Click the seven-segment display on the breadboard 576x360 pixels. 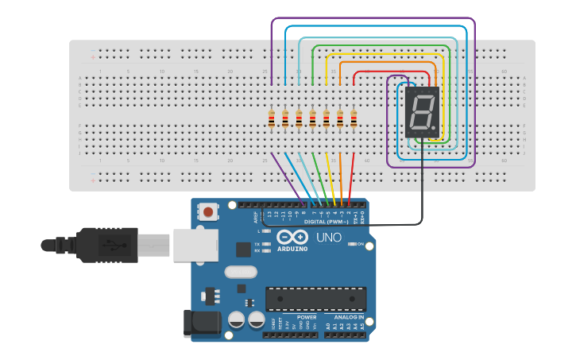tap(421, 111)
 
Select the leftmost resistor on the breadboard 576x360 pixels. tap(272, 119)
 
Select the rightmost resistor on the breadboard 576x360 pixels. tap(354, 119)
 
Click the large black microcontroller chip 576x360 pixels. tap(315, 299)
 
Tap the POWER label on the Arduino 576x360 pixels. tap(307, 316)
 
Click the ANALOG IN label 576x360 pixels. tap(345, 316)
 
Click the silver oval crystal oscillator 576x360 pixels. tap(241, 272)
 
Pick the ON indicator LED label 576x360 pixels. tap(360, 243)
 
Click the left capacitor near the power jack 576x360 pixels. tap(236, 319)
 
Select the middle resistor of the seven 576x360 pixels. tap(312, 119)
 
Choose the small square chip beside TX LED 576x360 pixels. tap(243, 249)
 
